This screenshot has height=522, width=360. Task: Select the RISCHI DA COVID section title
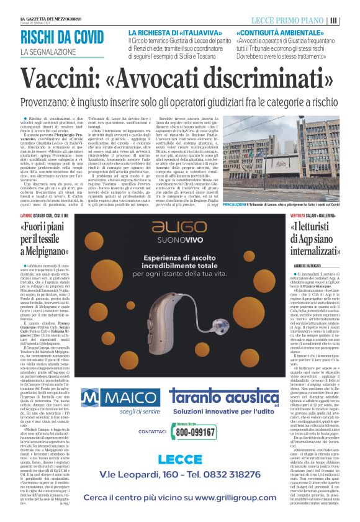click(62, 37)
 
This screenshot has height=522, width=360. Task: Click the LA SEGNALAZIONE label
click(49, 51)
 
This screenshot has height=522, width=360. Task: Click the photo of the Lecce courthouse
click(293, 161)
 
